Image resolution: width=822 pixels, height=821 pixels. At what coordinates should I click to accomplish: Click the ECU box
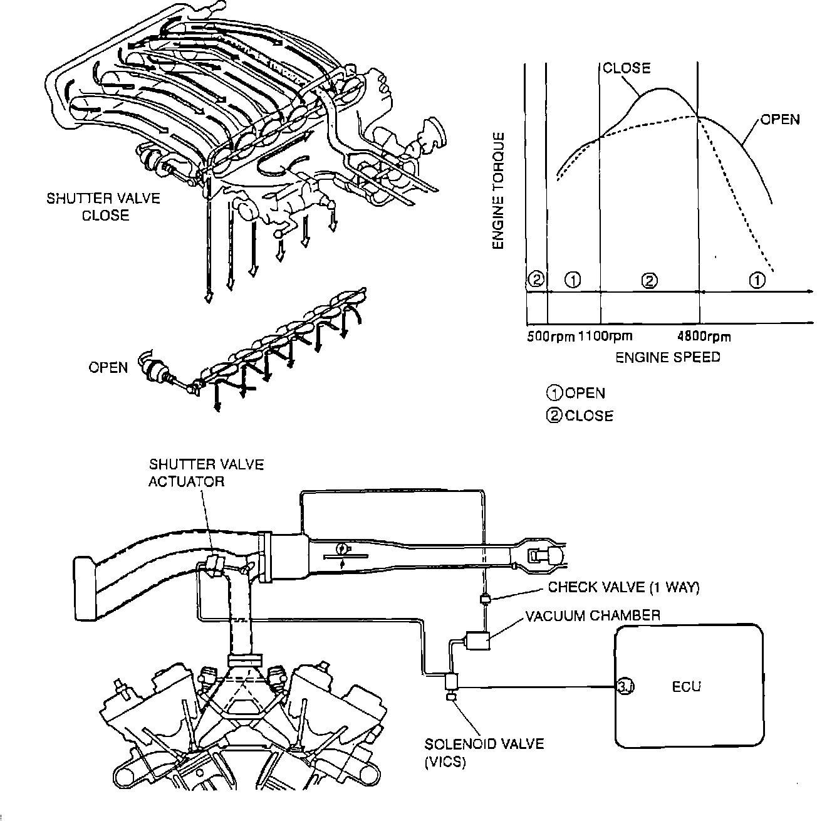(689, 686)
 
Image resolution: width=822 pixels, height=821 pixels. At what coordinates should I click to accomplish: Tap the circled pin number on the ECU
(625, 687)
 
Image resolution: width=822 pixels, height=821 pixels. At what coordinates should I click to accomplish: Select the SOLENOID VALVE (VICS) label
(484, 753)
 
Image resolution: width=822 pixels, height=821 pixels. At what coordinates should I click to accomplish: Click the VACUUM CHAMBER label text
(592, 615)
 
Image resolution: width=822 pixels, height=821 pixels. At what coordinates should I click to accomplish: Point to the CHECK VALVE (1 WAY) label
(623, 587)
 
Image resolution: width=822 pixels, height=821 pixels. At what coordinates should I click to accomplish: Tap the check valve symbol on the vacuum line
(484, 599)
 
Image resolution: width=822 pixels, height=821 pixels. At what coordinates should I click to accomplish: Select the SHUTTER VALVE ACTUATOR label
(206, 473)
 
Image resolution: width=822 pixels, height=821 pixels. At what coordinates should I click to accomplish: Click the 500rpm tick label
(550, 337)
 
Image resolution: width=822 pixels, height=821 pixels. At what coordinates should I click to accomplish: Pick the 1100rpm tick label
(604, 337)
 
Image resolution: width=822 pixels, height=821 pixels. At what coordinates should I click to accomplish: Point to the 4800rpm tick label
(704, 337)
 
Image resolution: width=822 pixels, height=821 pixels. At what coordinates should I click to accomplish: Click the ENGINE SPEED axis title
(667, 357)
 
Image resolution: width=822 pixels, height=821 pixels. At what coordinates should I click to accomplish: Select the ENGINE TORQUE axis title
(499, 191)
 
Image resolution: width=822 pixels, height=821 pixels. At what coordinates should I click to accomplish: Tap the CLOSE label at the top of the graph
(627, 68)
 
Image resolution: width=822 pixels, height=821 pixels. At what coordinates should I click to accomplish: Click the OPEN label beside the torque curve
(779, 119)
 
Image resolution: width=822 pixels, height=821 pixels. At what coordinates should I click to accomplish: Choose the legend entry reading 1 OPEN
(576, 393)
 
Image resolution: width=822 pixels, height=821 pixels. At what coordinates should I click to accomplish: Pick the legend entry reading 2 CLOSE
(580, 416)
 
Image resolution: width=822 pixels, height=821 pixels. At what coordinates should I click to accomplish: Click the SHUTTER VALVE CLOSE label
(104, 207)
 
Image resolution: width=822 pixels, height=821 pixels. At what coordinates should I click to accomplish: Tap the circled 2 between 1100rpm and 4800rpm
(650, 280)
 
